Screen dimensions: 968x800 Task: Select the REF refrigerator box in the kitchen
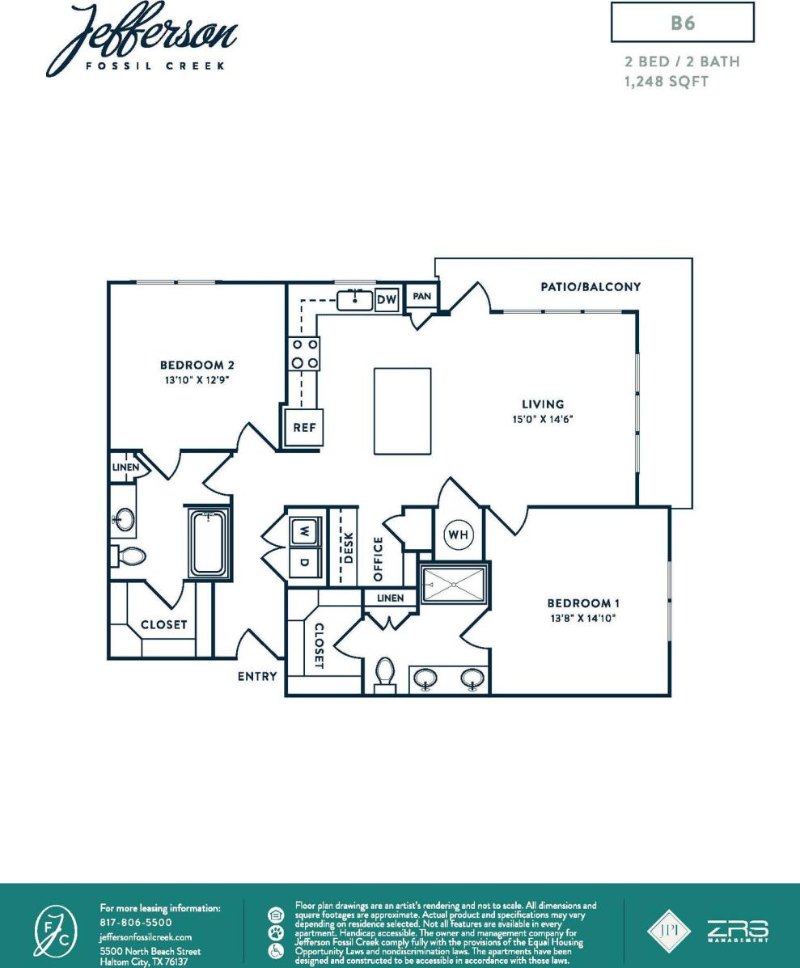tap(303, 428)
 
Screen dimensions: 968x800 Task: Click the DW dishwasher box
tap(387, 301)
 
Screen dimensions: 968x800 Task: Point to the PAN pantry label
tap(421, 297)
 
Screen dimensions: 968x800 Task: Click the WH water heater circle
tap(459, 535)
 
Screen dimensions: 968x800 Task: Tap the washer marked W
tap(304, 531)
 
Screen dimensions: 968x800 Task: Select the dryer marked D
tap(304, 562)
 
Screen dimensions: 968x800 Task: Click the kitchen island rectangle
tap(403, 410)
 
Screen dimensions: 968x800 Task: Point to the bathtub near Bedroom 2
tap(210, 543)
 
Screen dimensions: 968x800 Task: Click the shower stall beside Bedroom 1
tap(454, 582)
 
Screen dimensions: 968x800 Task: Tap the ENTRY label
tap(257, 676)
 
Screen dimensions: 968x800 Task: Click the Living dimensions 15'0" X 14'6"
tap(542, 420)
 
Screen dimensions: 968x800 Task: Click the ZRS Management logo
tap(739, 931)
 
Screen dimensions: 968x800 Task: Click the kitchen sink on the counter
tap(353, 301)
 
